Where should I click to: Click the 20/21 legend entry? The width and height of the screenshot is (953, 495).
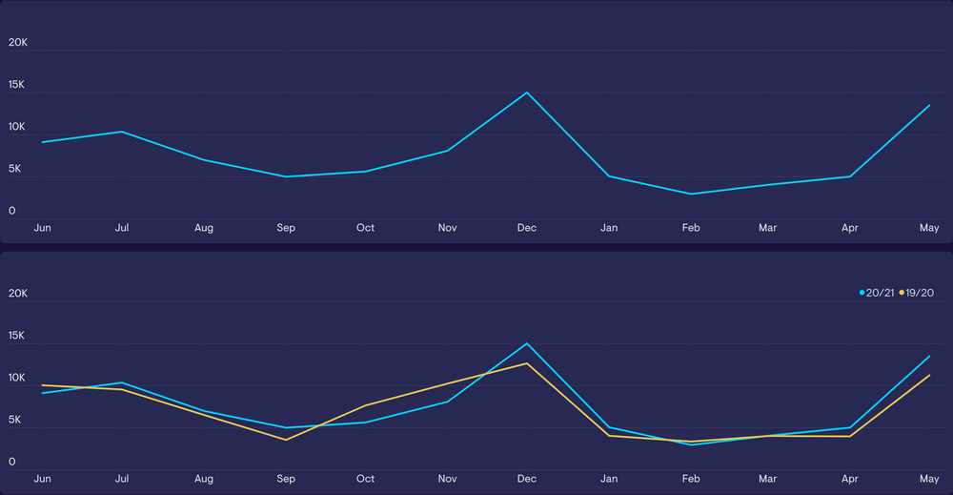click(877, 293)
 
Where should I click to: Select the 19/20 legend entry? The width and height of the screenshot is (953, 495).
click(916, 293)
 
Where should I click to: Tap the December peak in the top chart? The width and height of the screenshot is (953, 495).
click(527, 93)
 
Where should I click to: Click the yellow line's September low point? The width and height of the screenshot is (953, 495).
click(286, 440)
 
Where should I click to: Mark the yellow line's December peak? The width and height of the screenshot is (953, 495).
click(527, 363)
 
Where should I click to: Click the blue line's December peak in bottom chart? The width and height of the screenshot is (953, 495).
click(527, 343)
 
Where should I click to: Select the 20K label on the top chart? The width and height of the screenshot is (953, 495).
click(18, 43)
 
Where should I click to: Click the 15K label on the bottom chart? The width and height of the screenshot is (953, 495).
click(18, 337)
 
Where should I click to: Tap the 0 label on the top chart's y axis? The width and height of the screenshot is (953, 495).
click(12, 211)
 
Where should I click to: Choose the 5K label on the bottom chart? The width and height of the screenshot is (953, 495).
click(15, 421)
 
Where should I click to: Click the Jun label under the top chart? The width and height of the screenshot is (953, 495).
click(42, 228)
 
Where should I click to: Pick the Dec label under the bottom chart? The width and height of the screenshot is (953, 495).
click(527, 479)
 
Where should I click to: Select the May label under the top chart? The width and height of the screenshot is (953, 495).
click(929, 228)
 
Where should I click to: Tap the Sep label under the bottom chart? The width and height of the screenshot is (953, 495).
click(286, 479)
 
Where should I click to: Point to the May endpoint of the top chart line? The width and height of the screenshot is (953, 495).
click(929, 105)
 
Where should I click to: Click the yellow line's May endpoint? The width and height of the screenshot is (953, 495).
click(929, 376)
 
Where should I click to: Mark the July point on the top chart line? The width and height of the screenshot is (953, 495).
click(122, 132)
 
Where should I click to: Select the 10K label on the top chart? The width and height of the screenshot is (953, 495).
click(18, 127)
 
